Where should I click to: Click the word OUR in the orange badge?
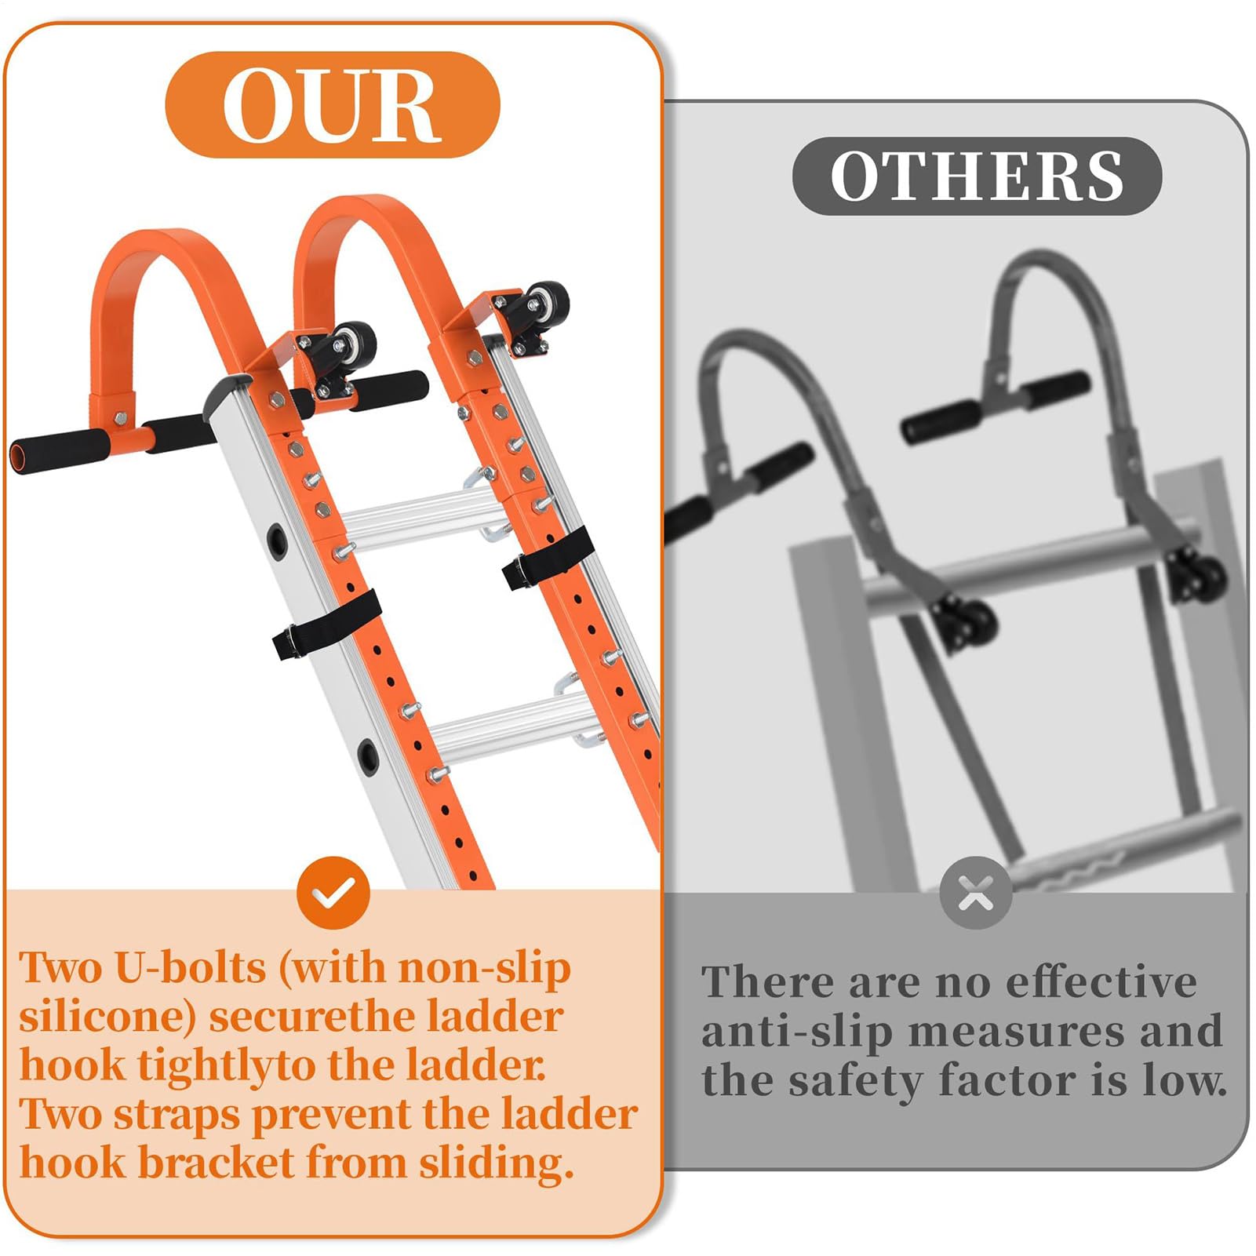(332, 104)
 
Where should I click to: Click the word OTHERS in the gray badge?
(977, 176)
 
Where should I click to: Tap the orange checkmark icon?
(333, 893)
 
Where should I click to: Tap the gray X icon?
(976, 893)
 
